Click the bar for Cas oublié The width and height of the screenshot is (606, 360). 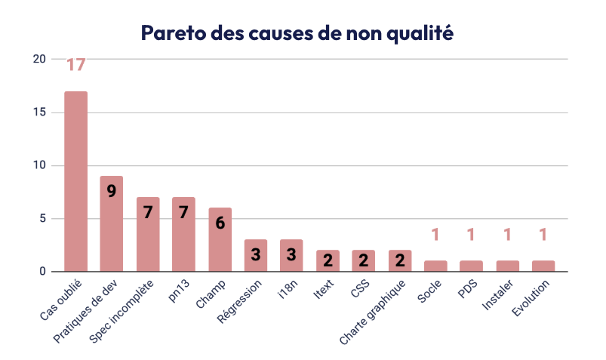click(x=75, y=181)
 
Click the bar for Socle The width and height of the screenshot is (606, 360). click(x=435, y=266)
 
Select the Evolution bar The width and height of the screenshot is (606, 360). click(x=543, y=266)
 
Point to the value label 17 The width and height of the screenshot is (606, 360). click(x=75, y=65)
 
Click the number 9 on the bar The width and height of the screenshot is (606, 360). click(x=112, y=191)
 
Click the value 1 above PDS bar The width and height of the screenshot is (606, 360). click(x=471, y=235)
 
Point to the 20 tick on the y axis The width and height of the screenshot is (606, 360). click(x=39, y=60)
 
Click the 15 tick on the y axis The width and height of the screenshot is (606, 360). click(x=39, y=112)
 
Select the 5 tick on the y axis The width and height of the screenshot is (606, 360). click(x=42, y=219)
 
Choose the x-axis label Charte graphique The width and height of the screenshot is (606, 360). click(x=373, y=312)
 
